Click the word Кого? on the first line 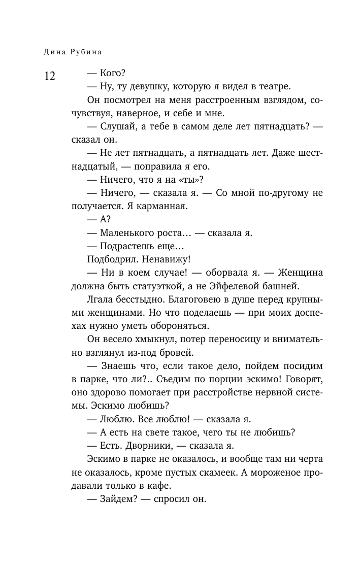(x=106, y=73)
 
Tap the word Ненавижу (x=167, y=259)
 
